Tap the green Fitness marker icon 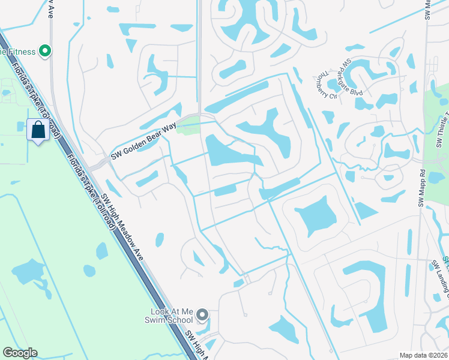pos(44,52)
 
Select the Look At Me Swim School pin pos(203,314)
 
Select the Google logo pos(20,353)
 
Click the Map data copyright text pos(424,355)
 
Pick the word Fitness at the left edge pos(18,52)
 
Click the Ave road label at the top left pos(52,12)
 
